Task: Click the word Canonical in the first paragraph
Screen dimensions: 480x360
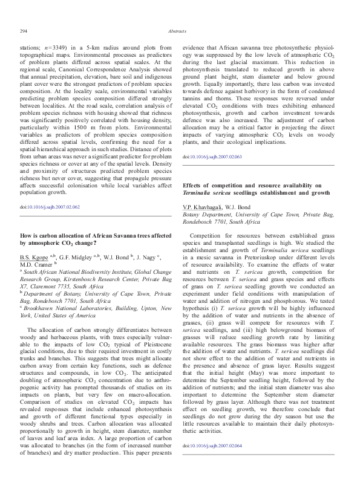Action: (x=78, y=70)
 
